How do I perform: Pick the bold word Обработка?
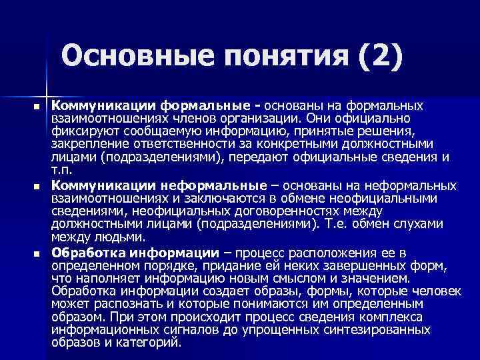pyautogui.click(x=88, y=253)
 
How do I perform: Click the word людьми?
pyautogui.click(x=121, y=237)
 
